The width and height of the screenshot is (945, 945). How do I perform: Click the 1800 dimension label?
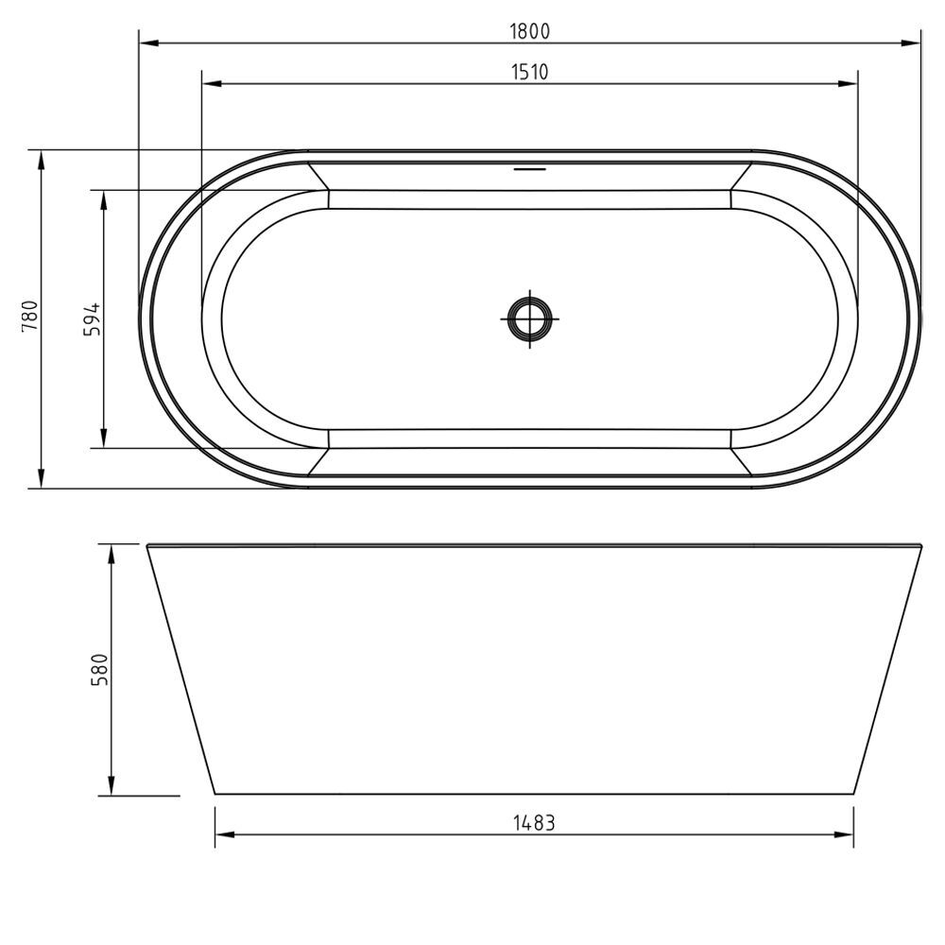coord(530,31)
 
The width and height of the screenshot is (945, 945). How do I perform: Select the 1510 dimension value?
coord(530,72)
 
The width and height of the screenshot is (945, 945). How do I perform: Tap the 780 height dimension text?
coord(30,316)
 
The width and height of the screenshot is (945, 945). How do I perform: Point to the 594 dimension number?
coord(93,318)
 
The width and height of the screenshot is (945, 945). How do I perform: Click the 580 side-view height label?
coord(99,669)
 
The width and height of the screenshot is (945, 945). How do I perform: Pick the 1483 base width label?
coord(533,822)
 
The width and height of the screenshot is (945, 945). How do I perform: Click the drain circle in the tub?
coord(530,318)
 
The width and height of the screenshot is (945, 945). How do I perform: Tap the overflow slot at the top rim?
coord(530,169)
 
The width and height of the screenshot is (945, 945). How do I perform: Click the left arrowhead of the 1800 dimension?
coord(149,43)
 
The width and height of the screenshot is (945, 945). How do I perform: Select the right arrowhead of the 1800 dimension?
coord(911,43)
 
